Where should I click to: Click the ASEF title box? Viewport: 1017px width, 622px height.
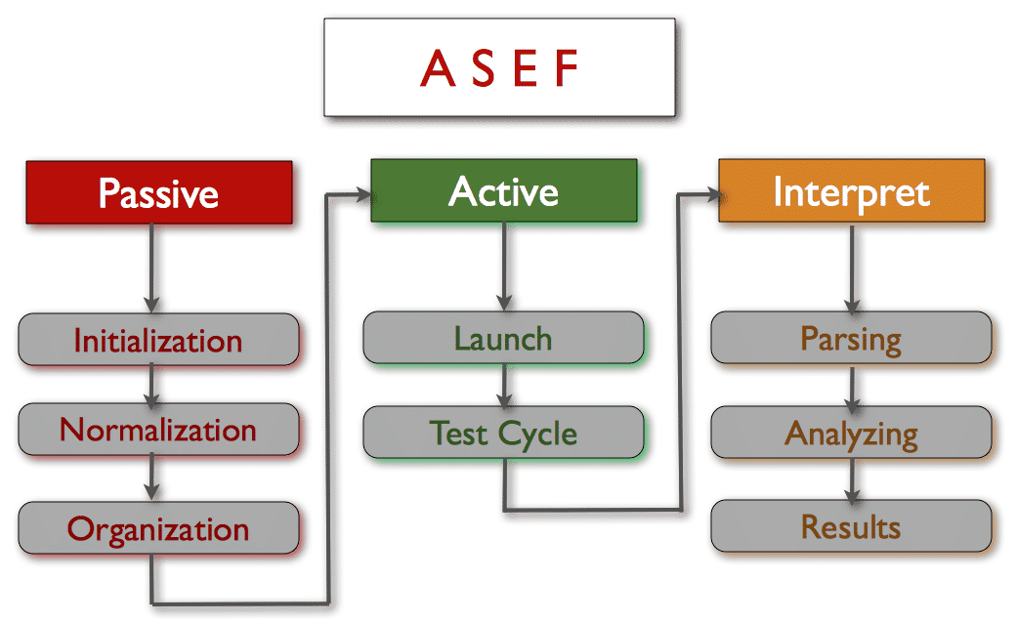click(499, 67)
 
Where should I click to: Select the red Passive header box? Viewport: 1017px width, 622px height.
click(159, 192)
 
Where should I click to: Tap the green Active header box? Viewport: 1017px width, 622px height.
click(504, 190)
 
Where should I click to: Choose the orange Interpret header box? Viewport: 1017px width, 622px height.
click(852, 190)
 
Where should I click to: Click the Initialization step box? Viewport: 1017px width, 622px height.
click(159, 340)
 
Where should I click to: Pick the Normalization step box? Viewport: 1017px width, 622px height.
click(159, 430)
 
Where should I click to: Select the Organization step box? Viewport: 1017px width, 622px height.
click(159, 528)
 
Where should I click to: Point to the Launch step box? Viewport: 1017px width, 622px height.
click(504, 338)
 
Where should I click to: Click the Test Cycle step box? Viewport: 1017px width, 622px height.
click(504, 433)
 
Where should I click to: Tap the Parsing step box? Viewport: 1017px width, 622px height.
click(852, 338)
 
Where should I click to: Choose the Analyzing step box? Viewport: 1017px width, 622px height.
click(852, 433)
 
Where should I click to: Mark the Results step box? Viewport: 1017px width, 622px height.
click(852, 526)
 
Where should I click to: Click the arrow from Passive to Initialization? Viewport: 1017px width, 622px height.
click(151, 269)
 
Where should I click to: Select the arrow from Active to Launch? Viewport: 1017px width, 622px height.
click(504, 267)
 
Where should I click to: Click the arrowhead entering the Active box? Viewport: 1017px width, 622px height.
click(362, 194)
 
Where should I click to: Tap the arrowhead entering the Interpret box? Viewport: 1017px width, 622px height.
click(712, 194)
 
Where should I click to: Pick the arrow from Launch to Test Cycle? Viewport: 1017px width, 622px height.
click(504, 386)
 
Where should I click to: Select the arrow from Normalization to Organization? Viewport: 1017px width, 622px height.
click(151, 478)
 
